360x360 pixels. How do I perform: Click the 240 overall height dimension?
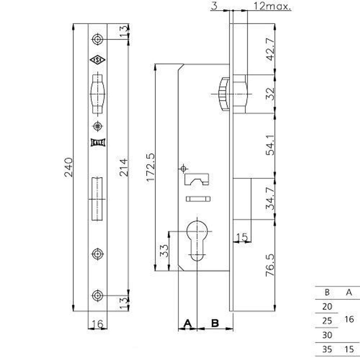(x=68, y=167)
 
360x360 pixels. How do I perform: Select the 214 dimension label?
(x=123, y=167)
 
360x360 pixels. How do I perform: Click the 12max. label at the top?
(x=272, y=6)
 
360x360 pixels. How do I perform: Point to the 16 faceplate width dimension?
(x=97, y=324)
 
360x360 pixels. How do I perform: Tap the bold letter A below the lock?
(x=187, y=323)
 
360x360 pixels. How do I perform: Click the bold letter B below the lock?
(x=215, y=323)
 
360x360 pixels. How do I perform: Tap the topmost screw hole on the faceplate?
(x=97, y=39)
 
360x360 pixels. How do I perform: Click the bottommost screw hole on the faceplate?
(x=97, y=295)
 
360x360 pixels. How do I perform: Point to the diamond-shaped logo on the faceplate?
(x=97, y=60)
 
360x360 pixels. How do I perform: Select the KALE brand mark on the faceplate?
(x=97, y=142)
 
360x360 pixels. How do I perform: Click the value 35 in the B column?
(x=327, y=349)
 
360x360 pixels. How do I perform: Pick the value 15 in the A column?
(x=348, y=349)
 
